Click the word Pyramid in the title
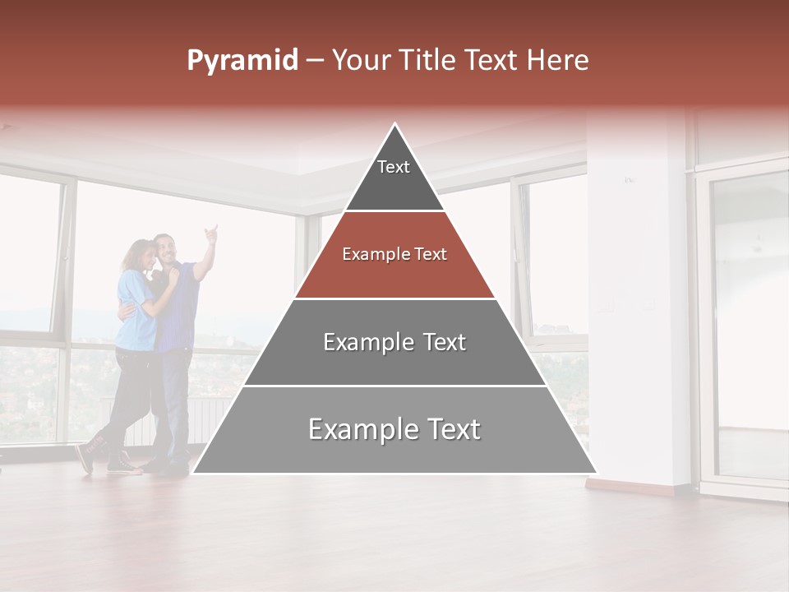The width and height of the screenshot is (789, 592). (242, 61)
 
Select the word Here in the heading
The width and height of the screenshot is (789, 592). (557, 61)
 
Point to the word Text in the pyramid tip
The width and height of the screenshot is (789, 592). (393, 167)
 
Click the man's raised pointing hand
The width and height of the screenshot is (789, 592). (212, 233)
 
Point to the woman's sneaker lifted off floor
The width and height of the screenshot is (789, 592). (85, 457)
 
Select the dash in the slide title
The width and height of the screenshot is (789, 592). (314, 61)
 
